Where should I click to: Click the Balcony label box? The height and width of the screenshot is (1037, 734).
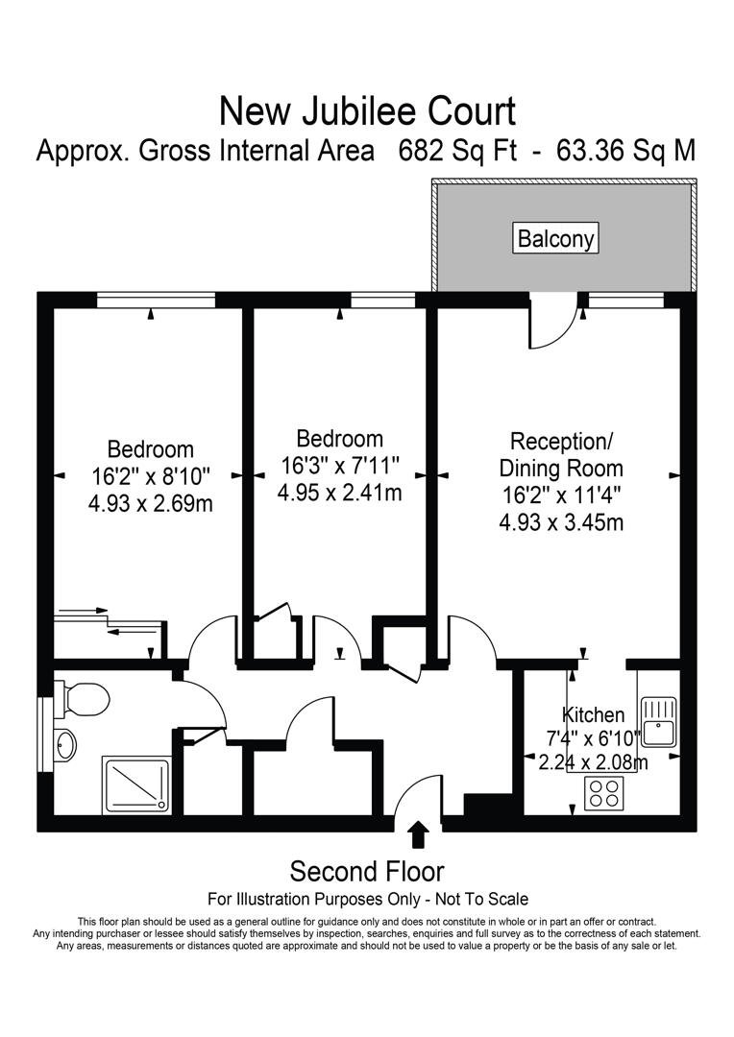click(556, 238)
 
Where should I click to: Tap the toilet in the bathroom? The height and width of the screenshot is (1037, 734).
click(84, 698)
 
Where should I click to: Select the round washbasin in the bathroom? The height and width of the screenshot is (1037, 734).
click(64, 745)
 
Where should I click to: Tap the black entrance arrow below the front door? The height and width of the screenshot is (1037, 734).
click(418, 833)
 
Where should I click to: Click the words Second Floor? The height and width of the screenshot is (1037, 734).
click(367, 871)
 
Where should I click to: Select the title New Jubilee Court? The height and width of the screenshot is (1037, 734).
click(367, 111)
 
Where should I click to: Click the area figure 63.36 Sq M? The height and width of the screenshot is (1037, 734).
click(619, 152)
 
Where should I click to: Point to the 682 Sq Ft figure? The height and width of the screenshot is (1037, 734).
click(458, 152)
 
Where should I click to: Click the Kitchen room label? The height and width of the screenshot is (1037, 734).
click(593, 714)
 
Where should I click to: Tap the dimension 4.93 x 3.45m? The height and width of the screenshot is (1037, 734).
click(561, 522)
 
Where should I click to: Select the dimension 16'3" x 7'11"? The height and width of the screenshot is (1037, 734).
click(339, 466)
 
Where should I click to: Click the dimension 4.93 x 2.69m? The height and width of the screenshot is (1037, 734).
click(150, 502)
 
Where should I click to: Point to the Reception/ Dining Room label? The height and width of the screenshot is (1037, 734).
click(561, 455)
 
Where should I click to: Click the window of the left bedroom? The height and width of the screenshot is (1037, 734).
click(155, 301)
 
